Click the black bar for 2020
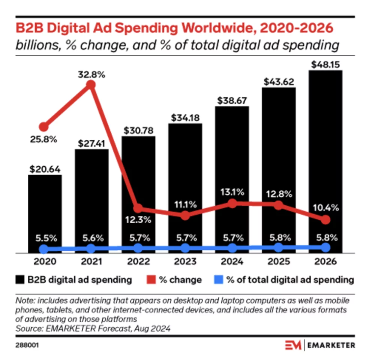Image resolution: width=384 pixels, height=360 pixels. [x=45, y=210]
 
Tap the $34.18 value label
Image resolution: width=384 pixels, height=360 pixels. [x=185, y=117]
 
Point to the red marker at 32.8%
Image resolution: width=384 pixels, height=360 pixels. [x=91, y=85]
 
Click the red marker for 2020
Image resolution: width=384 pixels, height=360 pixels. [x=44, y=127]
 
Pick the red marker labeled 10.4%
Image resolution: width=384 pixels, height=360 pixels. [x=326, y=220]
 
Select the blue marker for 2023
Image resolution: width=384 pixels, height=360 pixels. [x=185, y=248]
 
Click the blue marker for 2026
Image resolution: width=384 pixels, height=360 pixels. [x=326, y=248]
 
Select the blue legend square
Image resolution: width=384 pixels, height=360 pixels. [x=218, y=280]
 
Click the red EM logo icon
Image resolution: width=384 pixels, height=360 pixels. [x=293, y=345]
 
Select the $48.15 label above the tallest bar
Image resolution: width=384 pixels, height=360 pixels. [x=325, y=65]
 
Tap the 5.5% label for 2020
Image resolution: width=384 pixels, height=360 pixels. [x=45, y=238]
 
